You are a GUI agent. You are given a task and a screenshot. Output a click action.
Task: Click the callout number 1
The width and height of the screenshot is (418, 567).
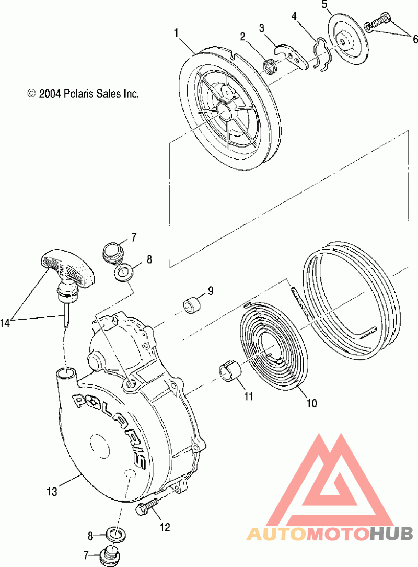pyautogui.click(x=177, y=33)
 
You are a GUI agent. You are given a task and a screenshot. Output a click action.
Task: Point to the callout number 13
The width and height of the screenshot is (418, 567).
pyautogui.click(x=51, y=491)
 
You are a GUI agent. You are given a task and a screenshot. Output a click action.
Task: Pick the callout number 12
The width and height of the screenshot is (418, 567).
pyautogui.click(x=165, y=527)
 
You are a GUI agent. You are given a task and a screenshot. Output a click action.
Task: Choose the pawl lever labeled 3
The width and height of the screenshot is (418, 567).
pyautogui.click(x=292, y=55)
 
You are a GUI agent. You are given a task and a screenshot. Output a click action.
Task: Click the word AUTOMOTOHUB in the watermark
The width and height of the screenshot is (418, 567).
pyautogui.click(x=330, y=534)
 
